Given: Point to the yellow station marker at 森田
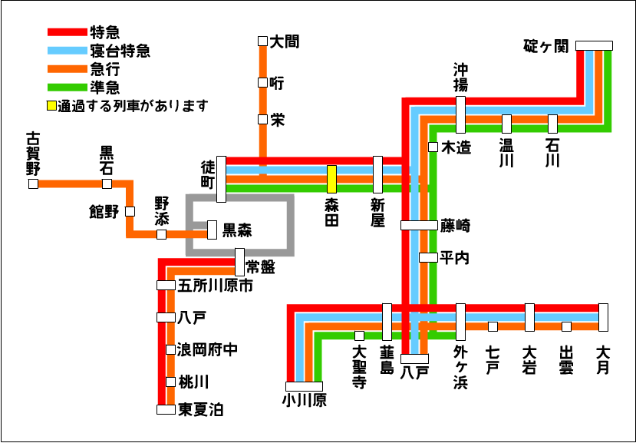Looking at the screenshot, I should [x=331, y=179].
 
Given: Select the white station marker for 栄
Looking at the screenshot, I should [x=262, y=119].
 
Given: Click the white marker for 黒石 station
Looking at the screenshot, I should [x=107, y=184].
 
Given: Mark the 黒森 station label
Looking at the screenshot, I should [x=238, y=230].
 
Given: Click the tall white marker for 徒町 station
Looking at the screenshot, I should [x=221, y=179].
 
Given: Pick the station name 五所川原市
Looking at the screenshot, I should [x=216, y=286].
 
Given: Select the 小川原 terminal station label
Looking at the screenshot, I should [x=304, y=400].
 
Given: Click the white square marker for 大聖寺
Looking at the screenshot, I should [x=359, y=336].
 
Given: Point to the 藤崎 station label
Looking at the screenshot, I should [x=455, y=226].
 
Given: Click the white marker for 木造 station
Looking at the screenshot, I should [x=433, y=147].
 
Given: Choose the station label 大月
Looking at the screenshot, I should [x=603, y=359].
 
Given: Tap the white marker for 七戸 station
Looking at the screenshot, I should [x=493, y=326].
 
